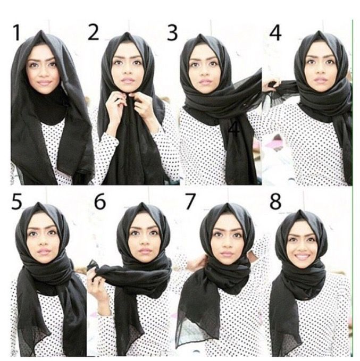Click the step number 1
tap(17, 32)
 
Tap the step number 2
tap(93, 32)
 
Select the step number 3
tap(172, 33)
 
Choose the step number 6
tap(100, 202)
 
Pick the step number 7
tap(190, 202)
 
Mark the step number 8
tap(275, 202)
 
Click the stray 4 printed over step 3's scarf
tap(234, 130)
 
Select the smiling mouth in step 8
tap(302, 256)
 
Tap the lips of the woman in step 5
tap(43, 251)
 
